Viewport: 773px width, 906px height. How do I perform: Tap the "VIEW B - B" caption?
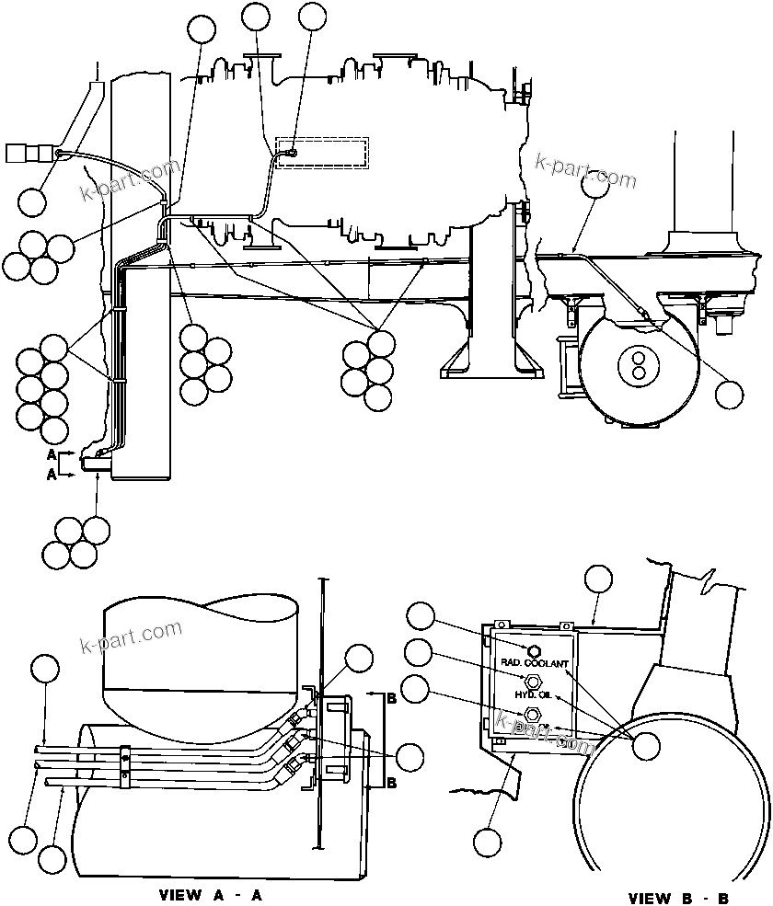[x=680, y=898]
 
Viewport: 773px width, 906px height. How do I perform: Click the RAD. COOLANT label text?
[x=535, y=662]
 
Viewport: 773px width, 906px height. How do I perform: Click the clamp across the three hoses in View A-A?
[x=125, y=761]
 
